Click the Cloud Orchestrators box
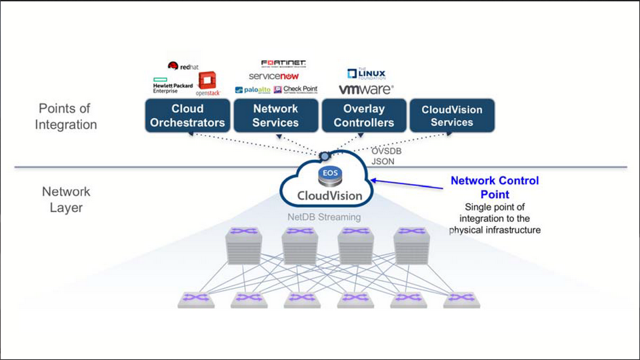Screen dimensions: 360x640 (x=187, y=115)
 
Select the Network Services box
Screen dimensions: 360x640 (x=275, y=115)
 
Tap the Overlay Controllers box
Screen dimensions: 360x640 (x=363, y=115)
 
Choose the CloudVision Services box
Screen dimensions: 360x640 (x=451, y=115)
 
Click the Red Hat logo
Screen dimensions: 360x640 (x=183, y=66)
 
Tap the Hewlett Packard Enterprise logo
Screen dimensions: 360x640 (x=172, y=87)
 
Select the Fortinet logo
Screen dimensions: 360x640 (x=283, y=64)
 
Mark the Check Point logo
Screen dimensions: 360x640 (x=295, y=90)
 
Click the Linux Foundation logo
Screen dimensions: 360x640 (x=366, y=73)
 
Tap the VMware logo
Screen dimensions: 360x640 (x=365, y=89)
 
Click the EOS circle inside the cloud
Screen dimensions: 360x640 (x=329, y=174)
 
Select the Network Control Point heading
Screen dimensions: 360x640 (x=494, y=187)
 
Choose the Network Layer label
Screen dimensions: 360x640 (x=65, y=199)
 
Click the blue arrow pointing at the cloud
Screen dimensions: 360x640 (x=408, y=183)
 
